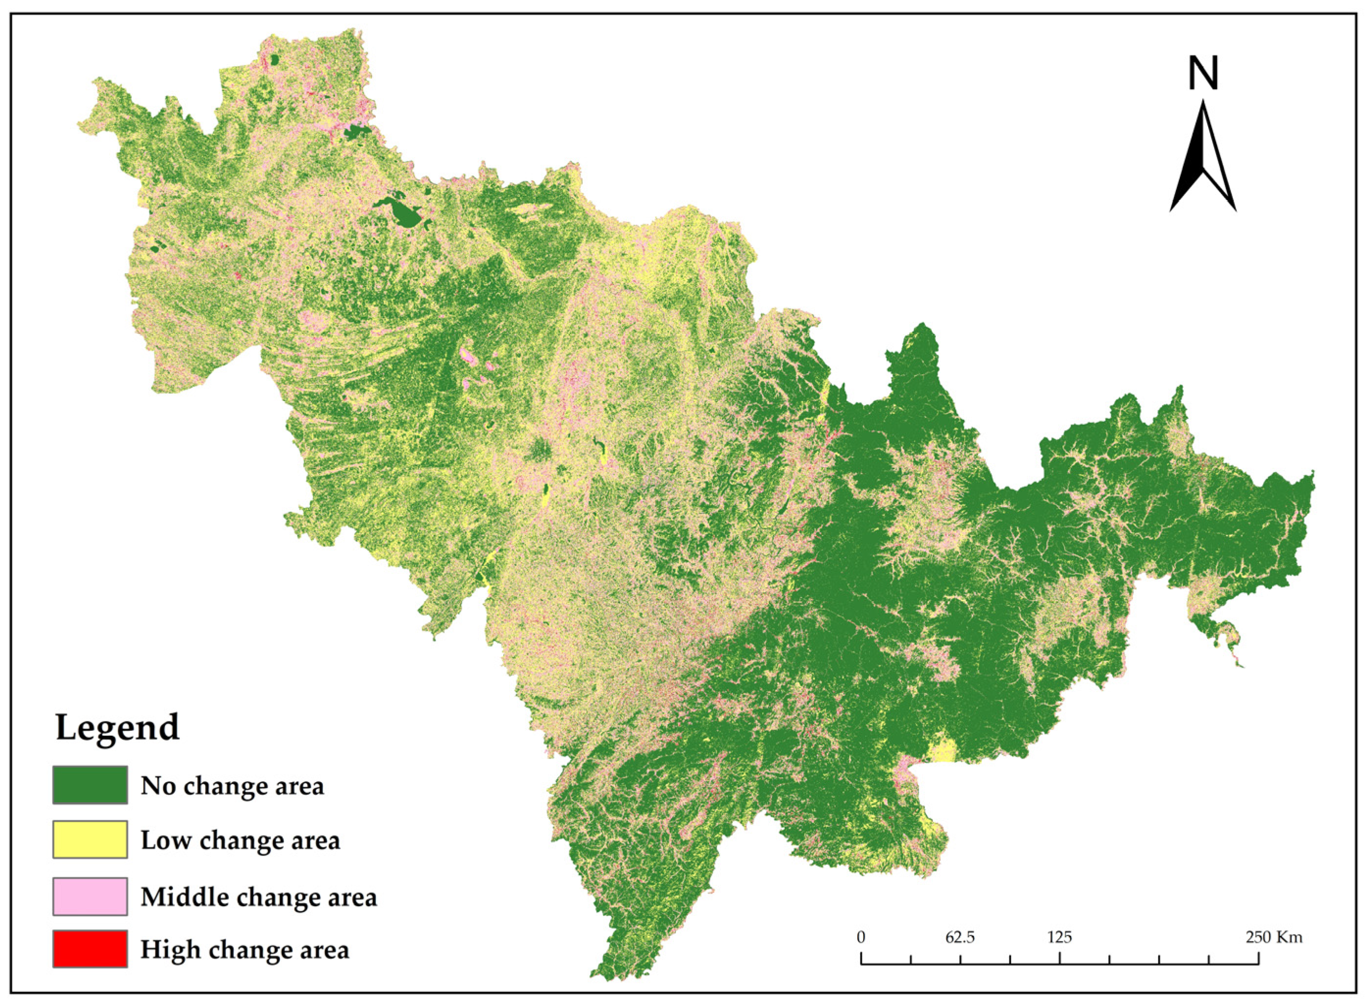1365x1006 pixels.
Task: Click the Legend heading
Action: coord(118,727)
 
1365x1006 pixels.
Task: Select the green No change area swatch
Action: coord(90,786)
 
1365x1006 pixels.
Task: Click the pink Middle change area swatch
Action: coord(90,896)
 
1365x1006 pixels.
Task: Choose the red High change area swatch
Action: coord(90,949)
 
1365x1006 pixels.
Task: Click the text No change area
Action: coord(232,786)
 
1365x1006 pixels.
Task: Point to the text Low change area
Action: coord(240,840)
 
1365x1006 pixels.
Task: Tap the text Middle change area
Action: coord(259,897)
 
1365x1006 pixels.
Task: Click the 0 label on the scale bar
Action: coord(861,937)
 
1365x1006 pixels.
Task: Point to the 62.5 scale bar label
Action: coord(960,937)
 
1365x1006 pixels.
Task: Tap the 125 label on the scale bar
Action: coord(1060,937)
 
